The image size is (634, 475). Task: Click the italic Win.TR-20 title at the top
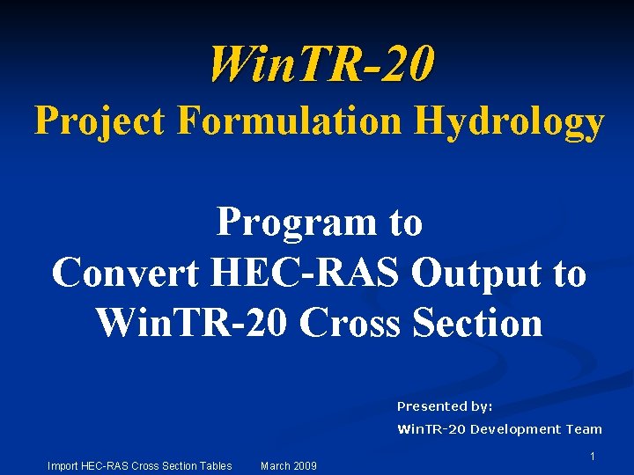pos(321,65)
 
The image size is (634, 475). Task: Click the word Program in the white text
pos(291,223)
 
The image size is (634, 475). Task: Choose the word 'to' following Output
pos(568,273)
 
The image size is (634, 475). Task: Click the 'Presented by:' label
pos(445,406)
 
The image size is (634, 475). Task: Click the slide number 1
pos(593,457)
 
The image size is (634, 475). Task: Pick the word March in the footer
pos(276,465)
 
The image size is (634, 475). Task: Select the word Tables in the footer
pos(215,465)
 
